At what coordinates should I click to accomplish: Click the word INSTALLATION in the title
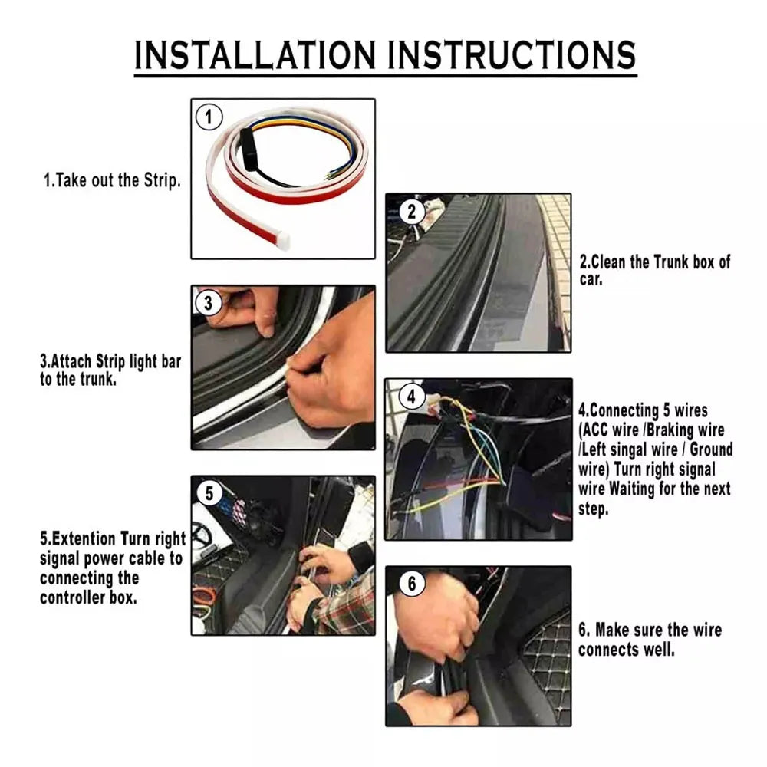pyautogui.click(x=255, y=54)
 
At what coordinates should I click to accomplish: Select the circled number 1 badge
pyautogui.click(x=209, y=117)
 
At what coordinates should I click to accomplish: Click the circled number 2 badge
pyautogui.click(x=411, y=212)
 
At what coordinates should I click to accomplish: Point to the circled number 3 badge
pyautogui.click(x=209, y=303)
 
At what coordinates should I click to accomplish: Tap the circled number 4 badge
pyautogui.click(x=411, y=397)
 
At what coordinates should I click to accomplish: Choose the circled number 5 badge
pyautogui.click(x=209, y=493)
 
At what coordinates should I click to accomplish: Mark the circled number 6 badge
pyautogui.click(x=412, y=584)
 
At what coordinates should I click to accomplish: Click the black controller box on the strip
pyautogui.click(x=249, y=150)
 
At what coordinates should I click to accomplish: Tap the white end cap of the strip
pyautogui.click(x=283, y=241)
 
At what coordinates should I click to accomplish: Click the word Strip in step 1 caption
pyautogui.click(x=162, y=180)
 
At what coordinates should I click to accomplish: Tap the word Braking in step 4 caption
pyautogui.click(x=670, y=430)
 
